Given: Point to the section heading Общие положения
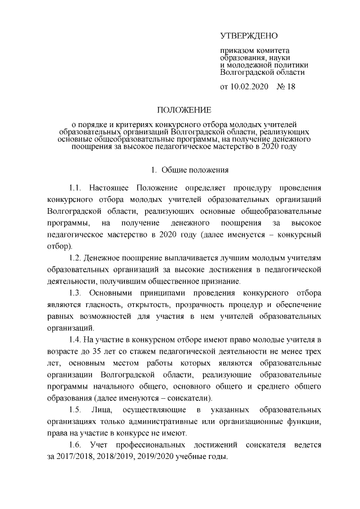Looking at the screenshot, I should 193,169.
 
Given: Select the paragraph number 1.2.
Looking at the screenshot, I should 75,258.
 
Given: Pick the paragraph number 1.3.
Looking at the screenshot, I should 75,293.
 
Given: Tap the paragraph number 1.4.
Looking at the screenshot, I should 75,340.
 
